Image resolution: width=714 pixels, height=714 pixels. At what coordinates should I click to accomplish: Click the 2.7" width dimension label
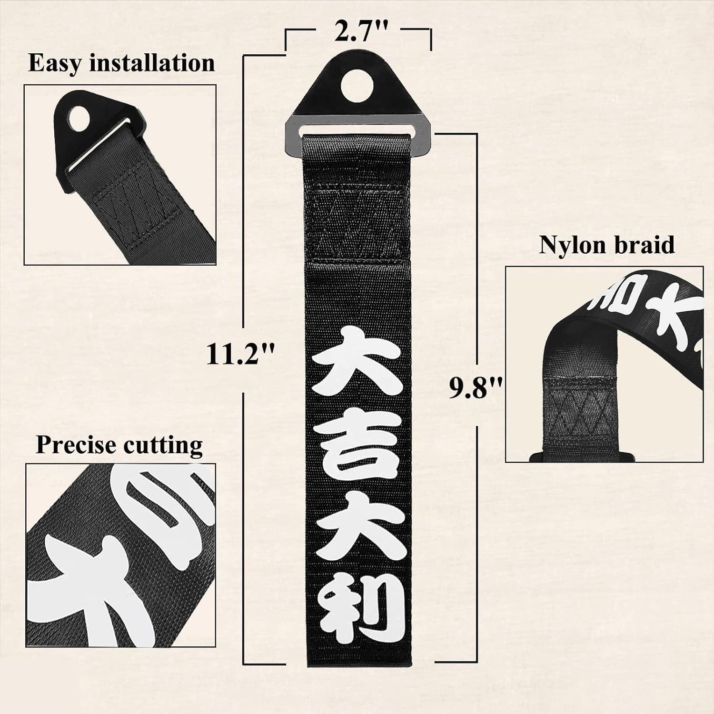[358, 32]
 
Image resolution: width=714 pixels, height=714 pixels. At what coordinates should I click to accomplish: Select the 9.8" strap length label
[476, 388]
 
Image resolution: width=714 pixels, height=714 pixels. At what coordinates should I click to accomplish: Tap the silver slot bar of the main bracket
[361, 128]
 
